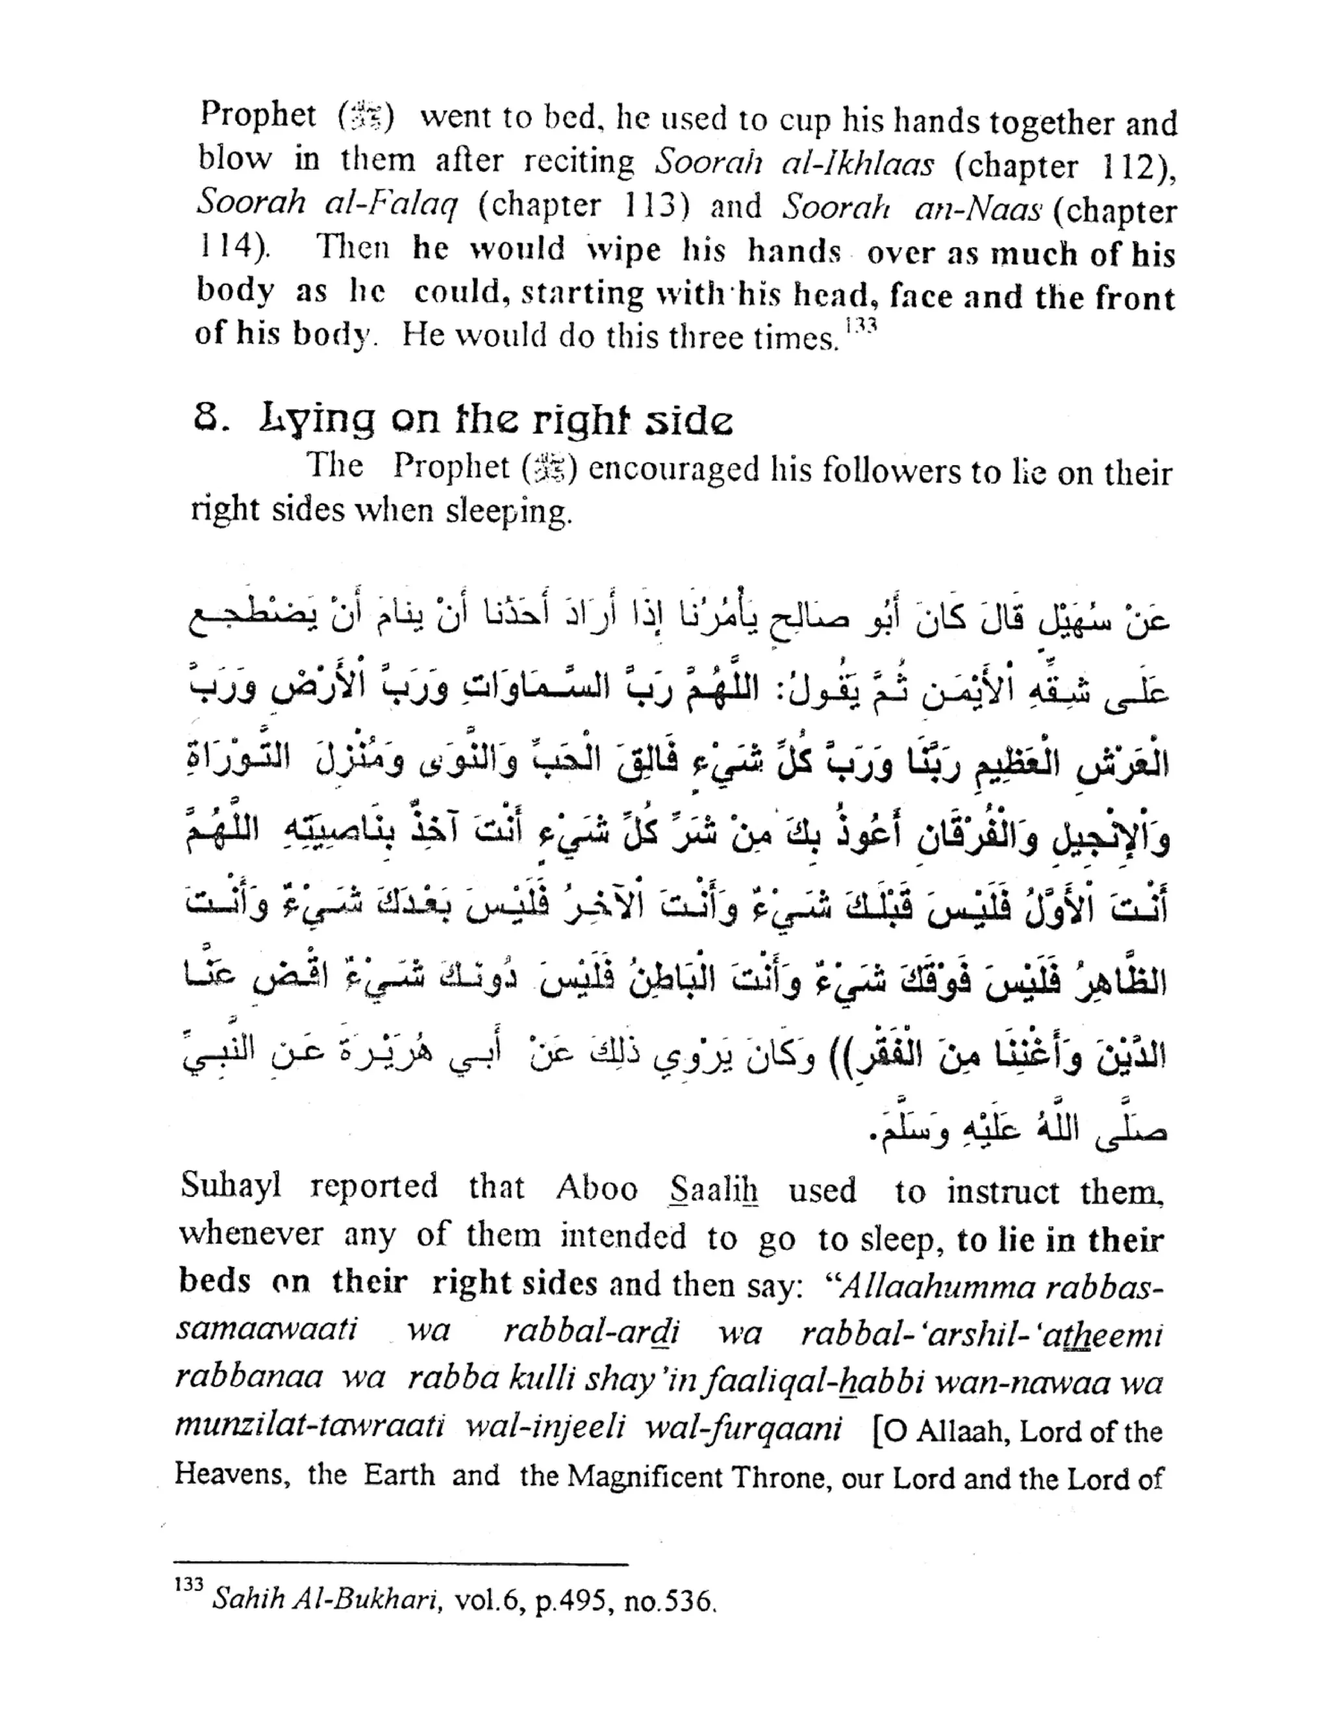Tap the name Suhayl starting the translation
pos(230,1187)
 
